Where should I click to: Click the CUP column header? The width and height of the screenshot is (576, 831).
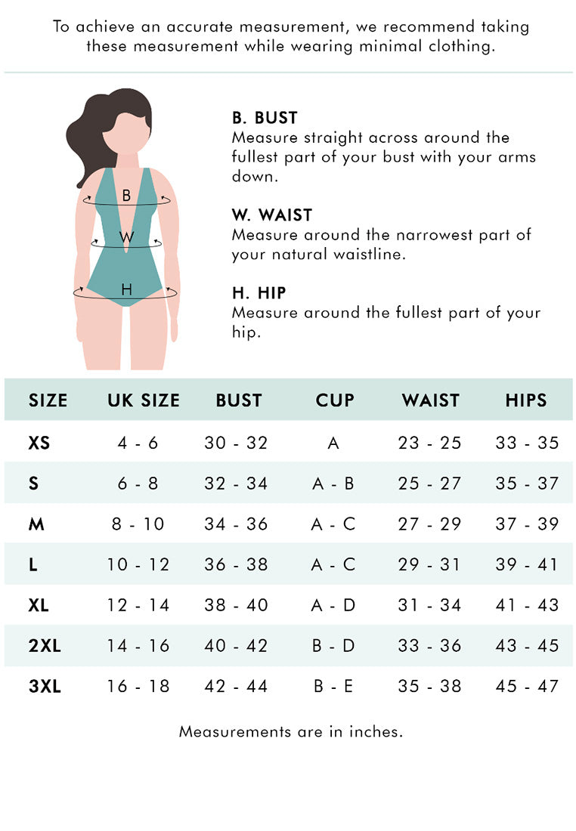pyautogui.click(x=335, y=400)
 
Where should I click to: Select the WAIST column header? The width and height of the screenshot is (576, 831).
pyautogui.click(x=430, y=400)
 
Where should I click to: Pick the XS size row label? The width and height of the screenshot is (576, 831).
pyautogui.click(x=39, y=443)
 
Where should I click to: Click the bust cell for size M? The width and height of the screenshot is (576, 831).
pyautogui.click(x=236, y=524)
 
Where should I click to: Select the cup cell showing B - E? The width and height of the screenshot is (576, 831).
pyautogui.click(x=333, y=687)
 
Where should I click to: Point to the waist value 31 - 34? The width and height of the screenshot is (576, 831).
pyautogui.click(x=429, y=605)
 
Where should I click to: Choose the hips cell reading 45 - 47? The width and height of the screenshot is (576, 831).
pyautogui.click(x=527, y=687)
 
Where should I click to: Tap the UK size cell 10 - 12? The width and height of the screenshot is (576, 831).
pyautogui.click(x=138, y=565)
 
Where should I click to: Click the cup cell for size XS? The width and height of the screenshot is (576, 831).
pyautogui.click(x=333, y=443)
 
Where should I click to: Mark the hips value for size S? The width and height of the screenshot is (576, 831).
pyautogui.click(x=527, y=483)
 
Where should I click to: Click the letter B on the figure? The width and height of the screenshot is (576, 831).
pyautogui.click(x=126, y=196)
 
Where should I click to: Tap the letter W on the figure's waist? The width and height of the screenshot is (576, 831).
pyautogui.click(x=127, y=237)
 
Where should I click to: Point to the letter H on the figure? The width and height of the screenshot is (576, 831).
pyautogui.click(x=126, y=289)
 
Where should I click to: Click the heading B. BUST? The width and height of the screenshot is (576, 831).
pyautogui.click(x=265, y=118)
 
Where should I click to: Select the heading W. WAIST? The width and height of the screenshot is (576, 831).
pyautogui.click(x=272, y=215)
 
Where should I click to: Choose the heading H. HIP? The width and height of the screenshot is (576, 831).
pyautogui.click(x=259, y=293)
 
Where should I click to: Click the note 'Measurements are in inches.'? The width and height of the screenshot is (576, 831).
pyautogui.click(x=291, y=731)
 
